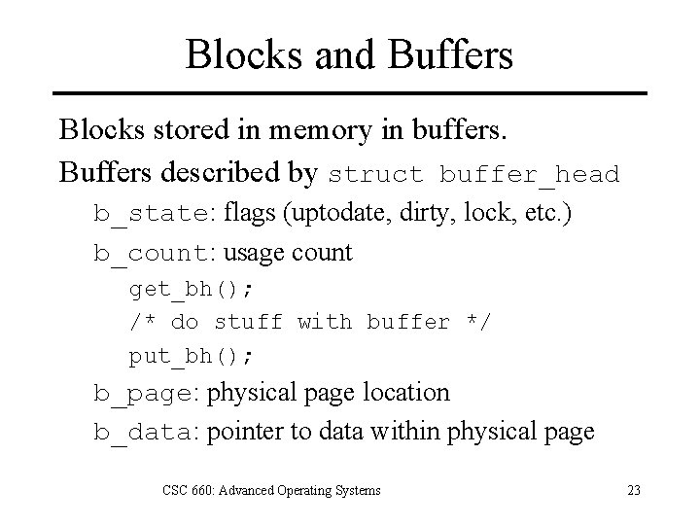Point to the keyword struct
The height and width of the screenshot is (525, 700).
pos(376,175)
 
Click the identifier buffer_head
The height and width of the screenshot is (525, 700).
pos(529,175)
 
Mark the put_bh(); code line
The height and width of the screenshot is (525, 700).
pos(191,356)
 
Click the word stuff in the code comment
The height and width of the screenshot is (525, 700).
pos(247,322)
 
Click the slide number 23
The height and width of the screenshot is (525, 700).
pos(633,490)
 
